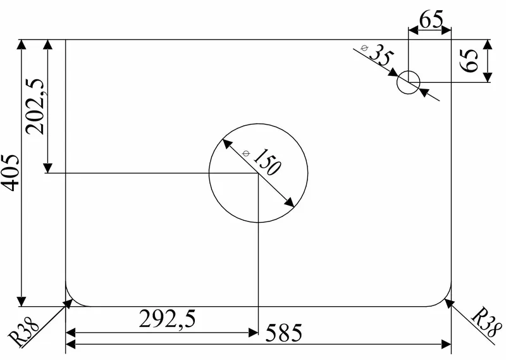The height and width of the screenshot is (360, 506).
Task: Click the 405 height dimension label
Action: click(x=9, y=173)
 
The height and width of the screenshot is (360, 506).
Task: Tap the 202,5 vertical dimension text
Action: click(x=35, y=106)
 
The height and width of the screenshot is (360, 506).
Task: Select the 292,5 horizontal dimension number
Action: click(x=167, y=319)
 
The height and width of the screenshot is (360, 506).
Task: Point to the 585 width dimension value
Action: click(x=283, y=333)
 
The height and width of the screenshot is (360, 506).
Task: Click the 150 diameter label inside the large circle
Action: click(x=267, y=162)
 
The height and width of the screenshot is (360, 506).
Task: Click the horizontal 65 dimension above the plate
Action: click(x=431, y=20)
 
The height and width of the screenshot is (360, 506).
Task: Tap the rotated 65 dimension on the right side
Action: click(x=469, y=61)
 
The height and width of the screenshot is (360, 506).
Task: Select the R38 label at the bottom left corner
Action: click(x=23, y=332)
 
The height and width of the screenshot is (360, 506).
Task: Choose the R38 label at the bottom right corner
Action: click(x=486, y=323)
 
